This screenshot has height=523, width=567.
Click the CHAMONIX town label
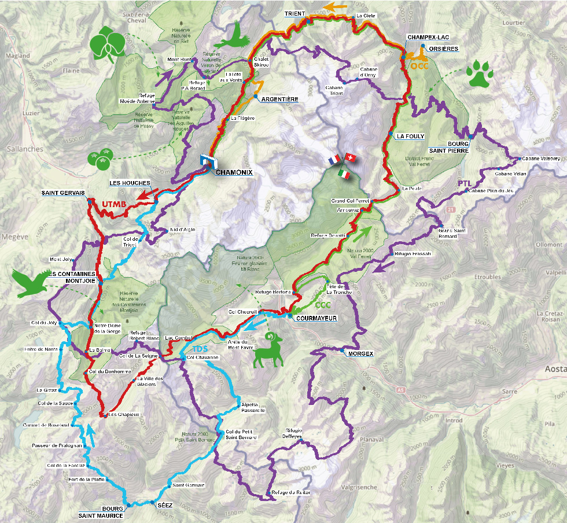[x=234, y=172]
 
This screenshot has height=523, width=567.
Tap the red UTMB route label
[x=114, y=204]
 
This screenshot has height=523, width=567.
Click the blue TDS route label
[x=200, y=349]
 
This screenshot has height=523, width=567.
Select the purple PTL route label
[x=465, y=183]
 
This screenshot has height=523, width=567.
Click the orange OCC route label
[x=418, y=66]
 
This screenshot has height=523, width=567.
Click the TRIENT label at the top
[x=294, y=13]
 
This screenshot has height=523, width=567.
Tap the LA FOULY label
[x=410, y=137]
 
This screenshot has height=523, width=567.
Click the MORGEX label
[x=362, y=353]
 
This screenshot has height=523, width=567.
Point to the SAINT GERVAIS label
[x=62, y=193]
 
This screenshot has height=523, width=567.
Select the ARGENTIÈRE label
[x=280, y=99]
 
